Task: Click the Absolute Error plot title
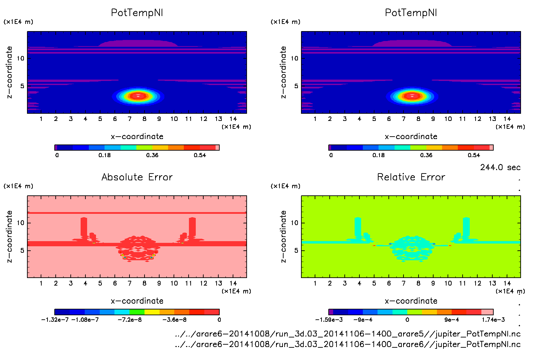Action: (x=137, y=177)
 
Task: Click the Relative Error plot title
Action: (x=411, y=177)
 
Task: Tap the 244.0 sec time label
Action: (x=500, y=167)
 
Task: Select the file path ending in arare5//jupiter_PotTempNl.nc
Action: (x=347, y=334)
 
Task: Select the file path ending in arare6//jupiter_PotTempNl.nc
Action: (x=347, y=344)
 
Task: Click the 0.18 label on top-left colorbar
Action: (x=105, y=155)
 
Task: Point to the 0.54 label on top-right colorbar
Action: (x=474, y=155)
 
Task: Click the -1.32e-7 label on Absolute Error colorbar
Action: (x=55, y=320)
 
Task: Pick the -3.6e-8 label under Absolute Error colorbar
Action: (x=174, y=320)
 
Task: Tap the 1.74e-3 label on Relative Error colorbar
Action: (x=493, y=320)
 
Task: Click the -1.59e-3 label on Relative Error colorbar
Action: (x=329, y=320)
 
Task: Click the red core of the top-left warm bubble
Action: (x=138, y=96)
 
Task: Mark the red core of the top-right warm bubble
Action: (x=412, y=96)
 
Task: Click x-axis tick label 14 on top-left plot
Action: (x=233, y=119)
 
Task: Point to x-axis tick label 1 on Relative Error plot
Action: (x=315, y=283)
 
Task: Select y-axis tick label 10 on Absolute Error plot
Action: (x=21, y=223)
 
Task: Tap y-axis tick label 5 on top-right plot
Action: (x=296, y=86)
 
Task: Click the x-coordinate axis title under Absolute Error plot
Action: (x=137, y=301)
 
